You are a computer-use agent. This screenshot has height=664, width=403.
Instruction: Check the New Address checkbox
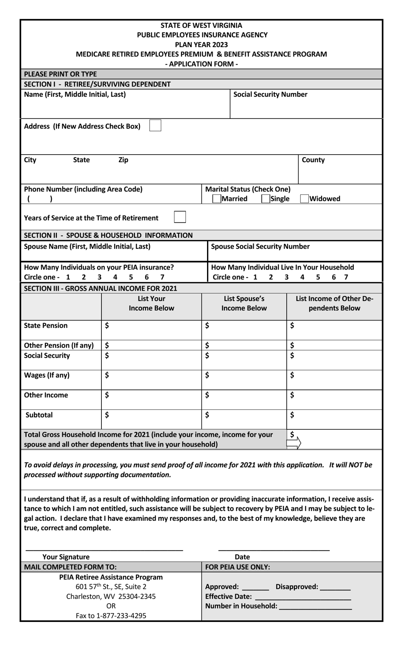[155, 126]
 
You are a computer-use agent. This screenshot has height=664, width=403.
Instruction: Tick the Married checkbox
[217, 199]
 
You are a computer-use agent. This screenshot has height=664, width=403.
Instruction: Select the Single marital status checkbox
[266, 199]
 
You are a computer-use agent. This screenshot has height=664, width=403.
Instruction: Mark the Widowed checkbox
[304, 199]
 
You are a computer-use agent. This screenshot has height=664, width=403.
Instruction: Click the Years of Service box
[180, 217]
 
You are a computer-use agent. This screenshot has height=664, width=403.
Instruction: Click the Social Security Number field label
[270, 94]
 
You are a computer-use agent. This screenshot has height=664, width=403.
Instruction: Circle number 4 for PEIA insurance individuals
[115, 277]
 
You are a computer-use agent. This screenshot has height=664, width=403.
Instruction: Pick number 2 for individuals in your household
[271, 277]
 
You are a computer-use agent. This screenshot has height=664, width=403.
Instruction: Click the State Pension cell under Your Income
[151, 329]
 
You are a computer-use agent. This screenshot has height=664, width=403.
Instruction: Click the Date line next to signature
[274, 550]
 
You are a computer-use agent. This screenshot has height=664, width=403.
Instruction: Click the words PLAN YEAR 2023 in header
[201, 45]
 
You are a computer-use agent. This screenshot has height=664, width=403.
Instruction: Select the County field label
[313, 160]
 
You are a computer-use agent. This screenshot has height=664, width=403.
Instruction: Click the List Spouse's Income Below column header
[244, 303]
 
